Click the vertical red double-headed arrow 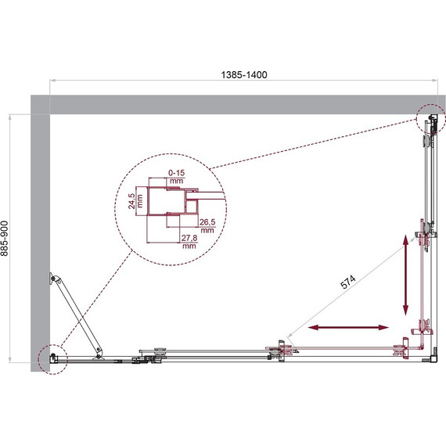coord(406,274)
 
